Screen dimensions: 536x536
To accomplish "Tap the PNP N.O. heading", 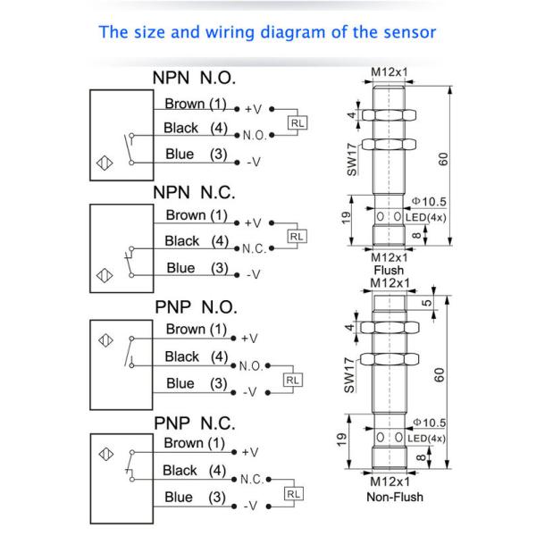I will click(196, 306).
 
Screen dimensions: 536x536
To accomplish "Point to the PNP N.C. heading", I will click(196, 422).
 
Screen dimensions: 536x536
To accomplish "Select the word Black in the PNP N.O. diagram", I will click(182, 356).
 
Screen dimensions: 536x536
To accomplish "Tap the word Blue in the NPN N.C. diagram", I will click(180, 267).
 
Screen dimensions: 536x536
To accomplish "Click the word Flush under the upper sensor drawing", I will click(389, 270).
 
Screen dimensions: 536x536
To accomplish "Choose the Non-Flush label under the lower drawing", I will click(394, 497).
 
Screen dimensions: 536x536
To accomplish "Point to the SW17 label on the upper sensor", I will click(352, 158).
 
